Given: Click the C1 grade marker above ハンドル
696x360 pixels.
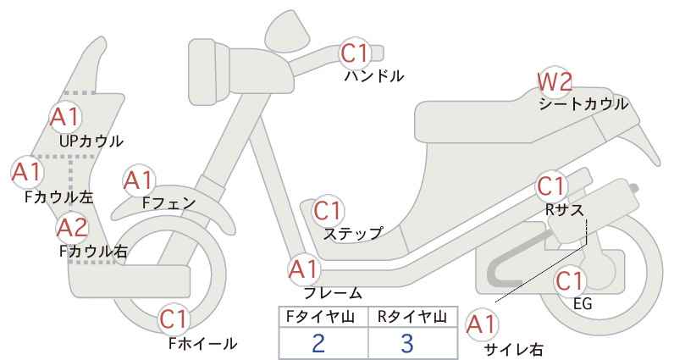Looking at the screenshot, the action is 355,53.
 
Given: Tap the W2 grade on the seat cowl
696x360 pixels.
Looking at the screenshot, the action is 555,81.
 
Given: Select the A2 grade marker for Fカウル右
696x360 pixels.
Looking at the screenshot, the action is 73,228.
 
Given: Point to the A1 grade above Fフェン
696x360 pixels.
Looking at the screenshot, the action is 139,180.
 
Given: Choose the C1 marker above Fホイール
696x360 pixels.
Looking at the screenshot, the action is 174,319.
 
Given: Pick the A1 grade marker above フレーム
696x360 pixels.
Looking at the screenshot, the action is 305,269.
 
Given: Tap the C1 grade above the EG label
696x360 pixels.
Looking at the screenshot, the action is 570,280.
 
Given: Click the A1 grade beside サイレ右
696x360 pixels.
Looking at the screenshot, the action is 482,324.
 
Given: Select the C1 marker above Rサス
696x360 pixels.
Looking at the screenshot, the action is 551,186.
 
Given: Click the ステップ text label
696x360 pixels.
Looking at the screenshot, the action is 352,234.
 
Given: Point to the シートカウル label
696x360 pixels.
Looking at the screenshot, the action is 583,104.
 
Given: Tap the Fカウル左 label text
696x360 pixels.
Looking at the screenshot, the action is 59,197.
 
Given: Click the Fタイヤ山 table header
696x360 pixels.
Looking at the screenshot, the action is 320,317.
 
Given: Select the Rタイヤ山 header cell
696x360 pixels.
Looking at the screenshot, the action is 412,317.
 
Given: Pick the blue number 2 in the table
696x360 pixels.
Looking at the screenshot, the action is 318,343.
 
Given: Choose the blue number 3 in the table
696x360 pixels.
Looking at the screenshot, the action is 406,343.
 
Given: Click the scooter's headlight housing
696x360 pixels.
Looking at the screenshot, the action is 208,72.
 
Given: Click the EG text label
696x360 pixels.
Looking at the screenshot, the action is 583,303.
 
